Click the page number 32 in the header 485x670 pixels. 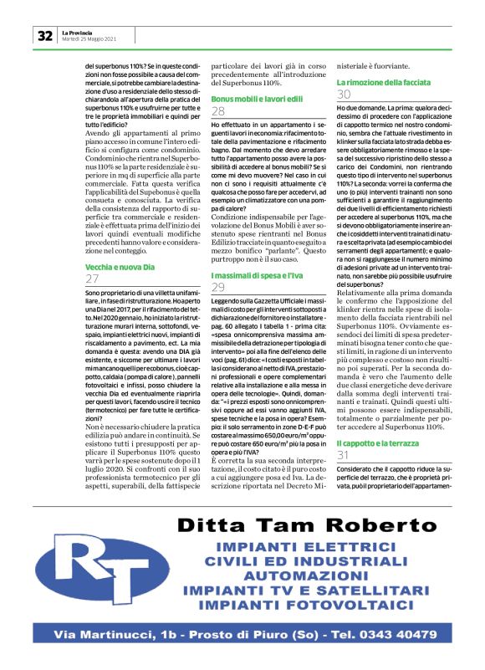[44, 35]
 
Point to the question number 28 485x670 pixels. [218, 111]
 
